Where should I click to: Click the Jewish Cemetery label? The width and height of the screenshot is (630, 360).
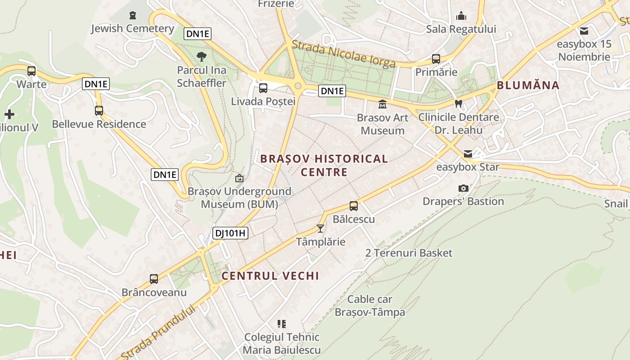point(132,28)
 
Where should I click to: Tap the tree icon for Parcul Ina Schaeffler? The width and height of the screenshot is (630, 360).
point(202,57)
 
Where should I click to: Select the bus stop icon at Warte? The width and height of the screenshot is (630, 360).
point(31,71)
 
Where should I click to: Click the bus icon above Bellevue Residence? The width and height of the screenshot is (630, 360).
point(99,110)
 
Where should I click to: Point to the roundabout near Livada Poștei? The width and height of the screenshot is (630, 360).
point(297,86)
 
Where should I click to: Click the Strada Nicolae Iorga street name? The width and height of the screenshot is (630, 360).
point(343,54)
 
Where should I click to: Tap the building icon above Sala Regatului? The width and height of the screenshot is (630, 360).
point(461,16)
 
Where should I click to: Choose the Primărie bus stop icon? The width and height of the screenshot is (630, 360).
point(436,58)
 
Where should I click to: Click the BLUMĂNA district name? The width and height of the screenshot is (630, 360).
point(528,85)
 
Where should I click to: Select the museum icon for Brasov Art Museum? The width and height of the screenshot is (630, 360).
point(382,104)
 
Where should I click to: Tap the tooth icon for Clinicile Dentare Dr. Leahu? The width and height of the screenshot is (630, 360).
point(459,103)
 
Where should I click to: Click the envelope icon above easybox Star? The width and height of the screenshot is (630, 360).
point(468,154)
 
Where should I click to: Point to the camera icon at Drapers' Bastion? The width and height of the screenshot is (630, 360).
point(463,188)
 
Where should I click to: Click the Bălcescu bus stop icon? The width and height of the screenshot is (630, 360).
point(354,206)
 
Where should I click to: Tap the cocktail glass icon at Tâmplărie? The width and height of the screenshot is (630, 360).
point(320,229)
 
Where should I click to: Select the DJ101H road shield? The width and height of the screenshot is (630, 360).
point(230,233)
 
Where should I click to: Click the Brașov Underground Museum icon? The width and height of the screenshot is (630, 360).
point(239,178)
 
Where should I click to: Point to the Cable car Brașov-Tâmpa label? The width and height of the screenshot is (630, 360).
point(370,306)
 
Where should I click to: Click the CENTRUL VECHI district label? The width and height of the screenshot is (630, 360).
point(270,276)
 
